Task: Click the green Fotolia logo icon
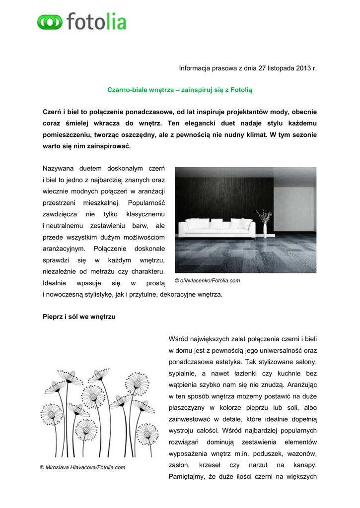50,22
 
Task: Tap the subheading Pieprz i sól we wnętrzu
79,316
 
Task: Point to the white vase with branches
265,224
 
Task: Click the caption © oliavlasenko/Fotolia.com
208,281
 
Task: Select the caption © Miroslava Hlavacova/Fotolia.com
82,467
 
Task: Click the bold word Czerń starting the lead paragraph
52,112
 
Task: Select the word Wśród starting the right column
178,339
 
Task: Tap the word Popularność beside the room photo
146,202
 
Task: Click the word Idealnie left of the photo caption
54,283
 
